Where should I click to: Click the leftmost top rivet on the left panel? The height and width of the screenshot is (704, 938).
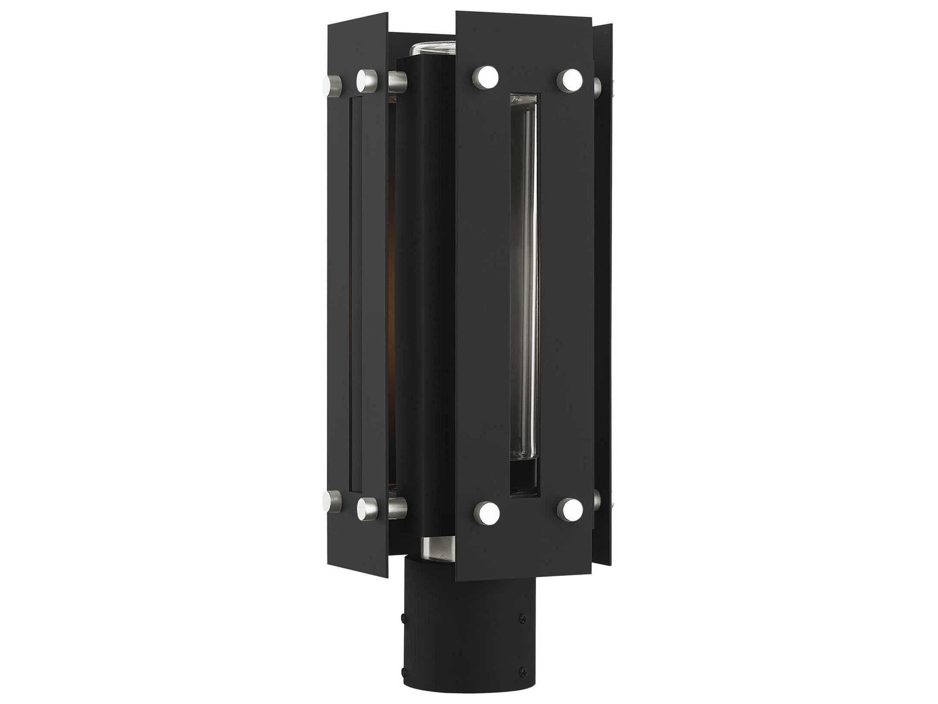point(332,84)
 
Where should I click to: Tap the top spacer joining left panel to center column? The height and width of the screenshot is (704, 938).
point(397,81)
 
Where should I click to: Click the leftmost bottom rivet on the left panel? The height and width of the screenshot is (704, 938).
point(332,502)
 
